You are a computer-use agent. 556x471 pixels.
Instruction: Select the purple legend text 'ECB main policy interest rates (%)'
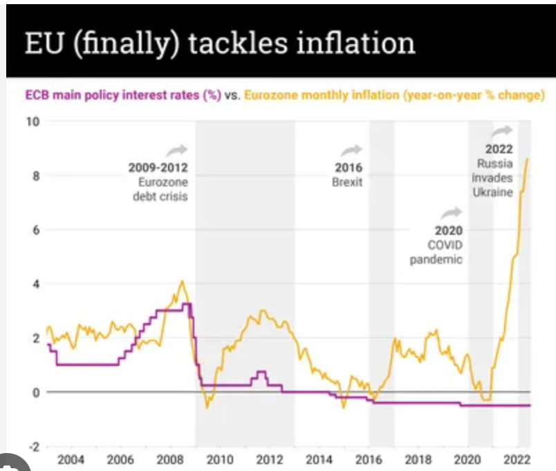coord(123,95)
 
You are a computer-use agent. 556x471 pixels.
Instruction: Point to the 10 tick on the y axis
coord(33,122)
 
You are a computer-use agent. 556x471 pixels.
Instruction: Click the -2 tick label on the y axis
coord(33,445)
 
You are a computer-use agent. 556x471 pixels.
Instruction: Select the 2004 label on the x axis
coord(71,460)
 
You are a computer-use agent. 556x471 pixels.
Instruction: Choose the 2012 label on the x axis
coord(269,460)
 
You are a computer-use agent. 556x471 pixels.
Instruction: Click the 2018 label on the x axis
coord(418,460)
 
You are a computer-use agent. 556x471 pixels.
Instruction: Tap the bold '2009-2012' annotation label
coord(158,168)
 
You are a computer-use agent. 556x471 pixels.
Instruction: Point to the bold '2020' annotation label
coord(449,231)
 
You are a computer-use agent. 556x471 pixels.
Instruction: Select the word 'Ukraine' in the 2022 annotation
coord(492,193)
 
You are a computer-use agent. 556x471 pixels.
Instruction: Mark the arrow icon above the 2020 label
coord(453,213)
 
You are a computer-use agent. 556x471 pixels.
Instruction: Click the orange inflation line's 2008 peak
coord(182,281)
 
